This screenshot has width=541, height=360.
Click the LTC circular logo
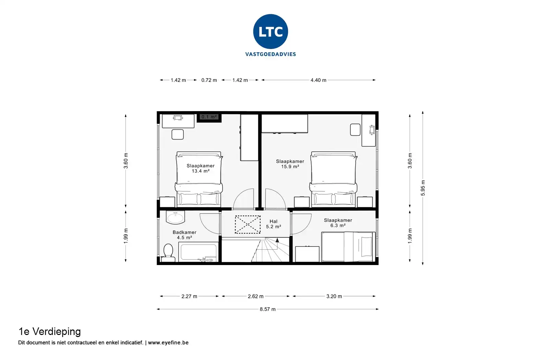[270, 32]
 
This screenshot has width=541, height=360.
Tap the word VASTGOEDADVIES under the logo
[270, 54]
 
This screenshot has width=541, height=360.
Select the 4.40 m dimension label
[318, 80]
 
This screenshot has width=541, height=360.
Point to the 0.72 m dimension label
[209, 80]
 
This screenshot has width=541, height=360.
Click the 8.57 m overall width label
[268, 309]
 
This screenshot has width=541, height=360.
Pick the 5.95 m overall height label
[423, 188]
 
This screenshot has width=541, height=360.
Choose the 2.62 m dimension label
[255, 296]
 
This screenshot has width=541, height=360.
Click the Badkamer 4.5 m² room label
[184, 235]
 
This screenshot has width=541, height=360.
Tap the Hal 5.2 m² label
[273, 224]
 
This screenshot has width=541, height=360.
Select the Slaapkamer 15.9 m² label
[290, 164]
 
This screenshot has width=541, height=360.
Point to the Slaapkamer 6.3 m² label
[338, 223]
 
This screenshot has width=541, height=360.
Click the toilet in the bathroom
[168, 253]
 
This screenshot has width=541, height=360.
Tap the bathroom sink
[175, 217]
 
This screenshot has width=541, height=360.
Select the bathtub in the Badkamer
[199, 252]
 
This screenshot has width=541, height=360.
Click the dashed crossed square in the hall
[248, 225]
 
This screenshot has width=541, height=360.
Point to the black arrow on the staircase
[277, 240]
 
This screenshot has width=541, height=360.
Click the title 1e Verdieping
[49, 332]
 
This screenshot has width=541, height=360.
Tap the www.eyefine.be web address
[168, 343]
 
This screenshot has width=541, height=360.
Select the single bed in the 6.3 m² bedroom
[348, 247]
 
